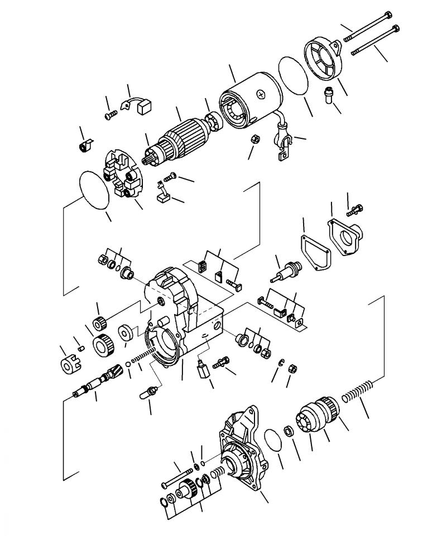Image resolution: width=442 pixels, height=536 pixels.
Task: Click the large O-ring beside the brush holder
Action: point(94,189)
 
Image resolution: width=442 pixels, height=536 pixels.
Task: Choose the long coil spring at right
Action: point(359,394)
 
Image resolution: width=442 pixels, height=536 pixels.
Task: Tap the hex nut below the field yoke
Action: point(252,140)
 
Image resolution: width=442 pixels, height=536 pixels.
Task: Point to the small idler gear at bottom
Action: point(185,491)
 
